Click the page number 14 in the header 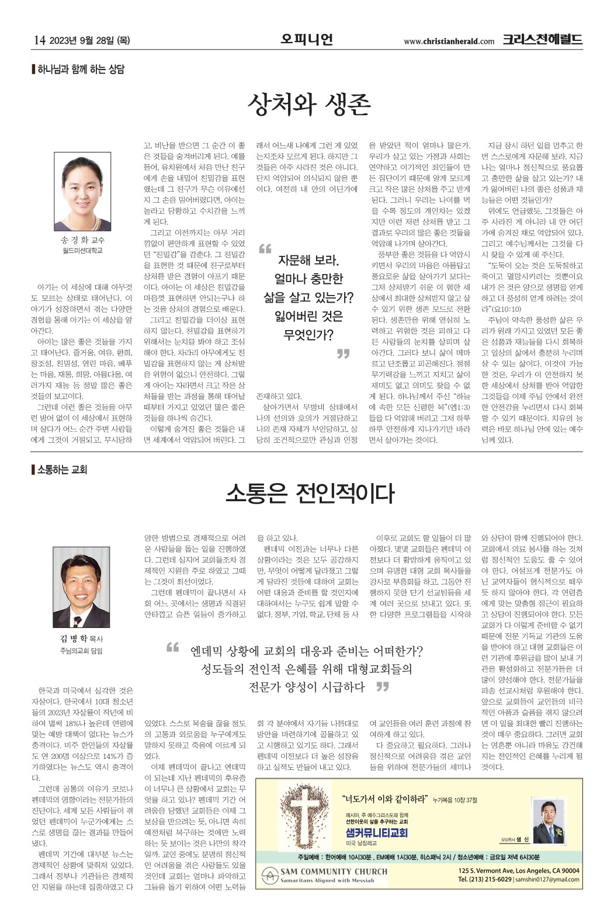coord(39,40)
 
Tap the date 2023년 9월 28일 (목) coord(90,40)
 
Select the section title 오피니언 coord(306,40)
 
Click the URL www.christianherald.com coord(449,41)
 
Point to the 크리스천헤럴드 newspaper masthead coord(542,40)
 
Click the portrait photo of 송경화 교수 coord(82,192)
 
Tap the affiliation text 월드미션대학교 coord(82,251)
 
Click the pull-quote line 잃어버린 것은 coord(308,317)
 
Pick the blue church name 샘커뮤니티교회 coord(376,832)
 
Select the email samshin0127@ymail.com coord(547,879)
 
